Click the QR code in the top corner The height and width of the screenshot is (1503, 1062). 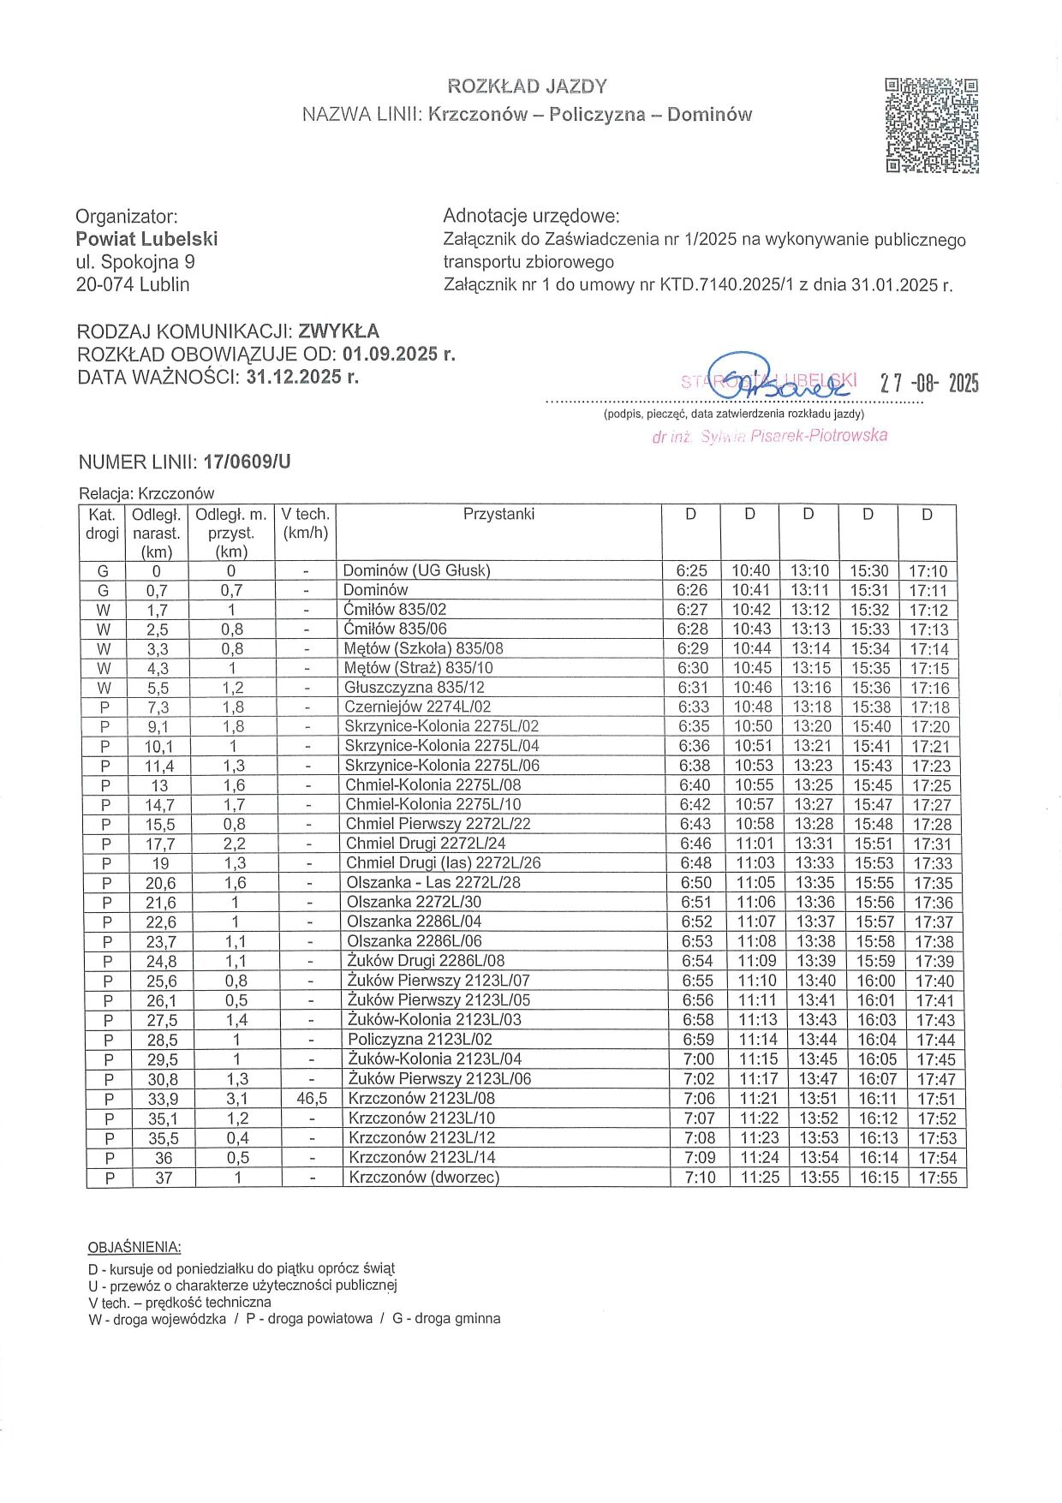pyautogui.click(x=932, y=125)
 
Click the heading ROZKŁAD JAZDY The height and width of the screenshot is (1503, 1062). pyautogui.click(x=527, y=86)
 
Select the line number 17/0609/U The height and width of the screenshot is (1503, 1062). pyautogui.click(x=247, y=462)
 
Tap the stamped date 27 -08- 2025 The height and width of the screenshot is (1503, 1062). pyautogui.click(x=929, y=383)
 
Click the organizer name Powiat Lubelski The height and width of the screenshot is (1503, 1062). pyautogui.click(x=146, y=239)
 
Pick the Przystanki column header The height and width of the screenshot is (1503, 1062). pyautogui.click(x=498, y=514)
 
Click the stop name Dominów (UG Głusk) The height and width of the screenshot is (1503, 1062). pyautogui.click(x=416, y=570)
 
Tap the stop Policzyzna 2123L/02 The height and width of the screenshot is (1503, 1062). pyautogui.click(x=420, y=1040)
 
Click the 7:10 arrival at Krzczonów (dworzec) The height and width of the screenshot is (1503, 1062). pyautogui.click(x=700, y=1178)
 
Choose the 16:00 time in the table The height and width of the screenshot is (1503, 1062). pyautogui.click(x=876, y=981)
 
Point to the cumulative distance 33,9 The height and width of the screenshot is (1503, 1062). pyautogui.click(x=162, y=1100)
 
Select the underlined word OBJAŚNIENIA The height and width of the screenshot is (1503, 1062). pyautogui.click(x=134, y=1247)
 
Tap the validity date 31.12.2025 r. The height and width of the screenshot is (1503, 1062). pyautogui.click(x=302, y=377)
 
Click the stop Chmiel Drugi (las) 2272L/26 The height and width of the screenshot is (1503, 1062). pyautogui.click(x=443, y=863)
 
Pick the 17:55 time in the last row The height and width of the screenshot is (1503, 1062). pyautogui.click(x=937, y=1178)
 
